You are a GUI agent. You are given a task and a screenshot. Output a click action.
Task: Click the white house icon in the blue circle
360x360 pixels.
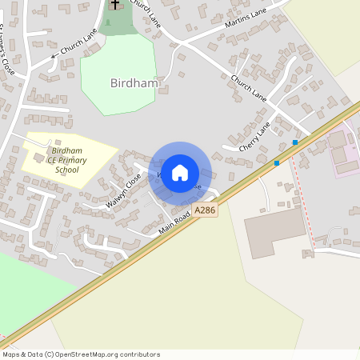pyautogui.click(x=180, y=173)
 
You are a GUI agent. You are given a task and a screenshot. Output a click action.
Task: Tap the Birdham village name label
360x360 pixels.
pyautogui.click(x=134, y=82)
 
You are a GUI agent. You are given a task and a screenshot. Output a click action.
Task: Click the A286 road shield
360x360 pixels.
pyautogui.click(x=205, y=210)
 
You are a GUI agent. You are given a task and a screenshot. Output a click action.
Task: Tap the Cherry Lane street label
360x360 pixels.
pyautogui.click(x=254, y=137)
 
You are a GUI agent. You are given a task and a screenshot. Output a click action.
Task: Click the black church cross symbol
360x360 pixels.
pyautogui.click(x=114, y=4)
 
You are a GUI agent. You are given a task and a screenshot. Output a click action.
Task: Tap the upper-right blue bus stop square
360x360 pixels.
pyautogui.click(x=295, y=142)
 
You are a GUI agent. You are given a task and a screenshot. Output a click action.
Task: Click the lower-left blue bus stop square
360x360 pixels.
pyautogui.click(x=277, y=163)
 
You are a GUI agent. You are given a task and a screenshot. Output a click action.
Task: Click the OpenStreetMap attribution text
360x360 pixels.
pyautogui.click(x=80, y=354)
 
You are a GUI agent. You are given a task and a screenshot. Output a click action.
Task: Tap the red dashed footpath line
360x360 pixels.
pyautogui.click(x=299, y=192)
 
